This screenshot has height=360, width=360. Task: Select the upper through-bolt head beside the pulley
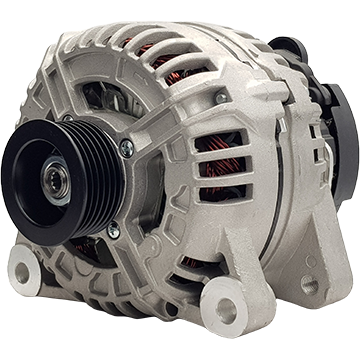tap(126, 148)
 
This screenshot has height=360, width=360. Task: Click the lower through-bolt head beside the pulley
tap(114, 231)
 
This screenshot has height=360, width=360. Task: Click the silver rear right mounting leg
tap(320, 270)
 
